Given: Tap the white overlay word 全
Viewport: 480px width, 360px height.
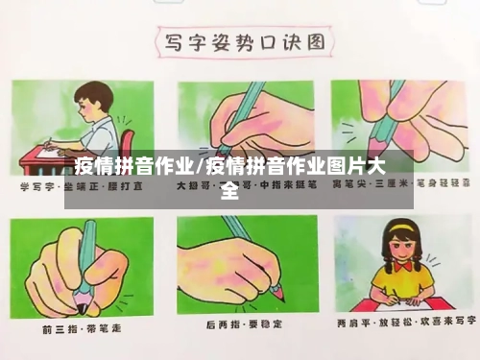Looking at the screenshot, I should [x=229, y=190].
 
